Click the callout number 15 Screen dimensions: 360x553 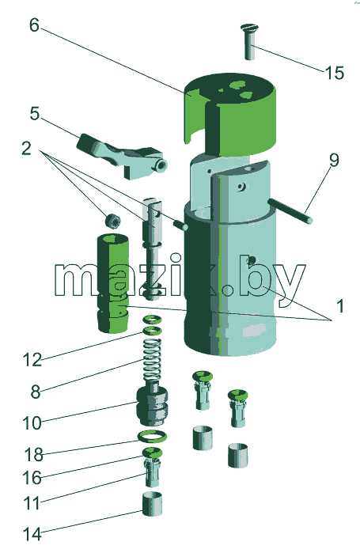click(334, 73)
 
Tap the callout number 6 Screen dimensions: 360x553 click(34, 25)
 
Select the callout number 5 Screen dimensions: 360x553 click(35, 114)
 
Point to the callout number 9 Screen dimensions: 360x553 click(334, 160)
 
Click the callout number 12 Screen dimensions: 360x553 click(32, 360)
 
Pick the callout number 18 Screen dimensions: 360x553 click(33, 455)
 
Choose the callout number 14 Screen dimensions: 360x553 click(32, 534)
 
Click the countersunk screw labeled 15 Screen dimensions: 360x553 click(250, 41)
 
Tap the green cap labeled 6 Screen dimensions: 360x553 click(230, 114)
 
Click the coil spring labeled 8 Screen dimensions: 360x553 click(153, 360)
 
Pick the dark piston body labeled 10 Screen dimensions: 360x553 click(153, 405)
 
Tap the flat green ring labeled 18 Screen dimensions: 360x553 click(152, 437)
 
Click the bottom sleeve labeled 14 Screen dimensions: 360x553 click(153, 504)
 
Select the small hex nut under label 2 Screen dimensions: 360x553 click(113, 221)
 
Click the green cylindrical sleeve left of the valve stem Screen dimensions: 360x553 click(113, 283)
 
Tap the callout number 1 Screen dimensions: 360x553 click(340, 306)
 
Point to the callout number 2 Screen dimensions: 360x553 click(26, 149)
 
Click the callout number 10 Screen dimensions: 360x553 click(32, 423)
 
